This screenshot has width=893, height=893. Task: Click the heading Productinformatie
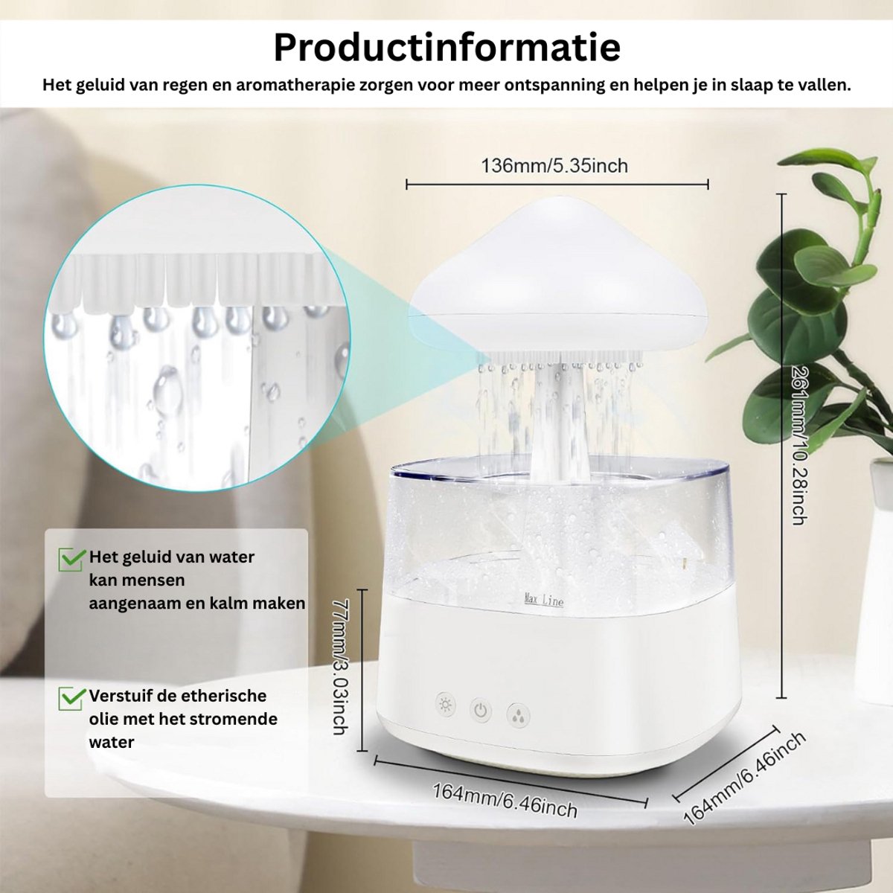click(446, 48)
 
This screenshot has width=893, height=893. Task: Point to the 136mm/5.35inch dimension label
click(554, 165)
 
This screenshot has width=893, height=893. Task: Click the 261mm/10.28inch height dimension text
click(798, 445)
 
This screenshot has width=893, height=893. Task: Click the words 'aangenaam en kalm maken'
click(197, 604)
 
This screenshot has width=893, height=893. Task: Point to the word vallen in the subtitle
click(824, 86)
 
